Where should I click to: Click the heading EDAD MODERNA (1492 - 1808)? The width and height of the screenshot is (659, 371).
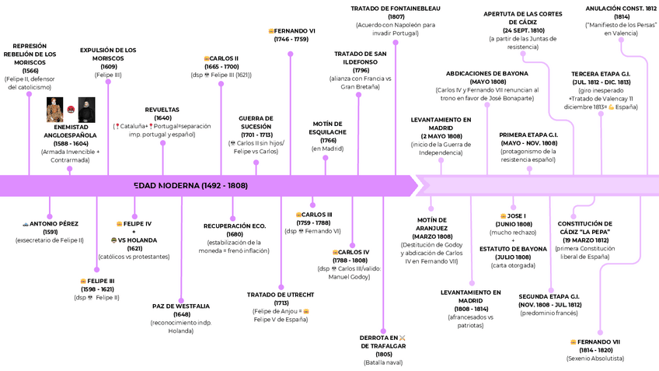pyautogui.click(x=190, y=186)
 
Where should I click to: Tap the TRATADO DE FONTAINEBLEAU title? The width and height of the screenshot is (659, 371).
pyautogui.click(x=396, y=9)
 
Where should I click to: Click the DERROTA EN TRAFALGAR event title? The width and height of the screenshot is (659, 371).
pyautogui.click(x=383, y=341)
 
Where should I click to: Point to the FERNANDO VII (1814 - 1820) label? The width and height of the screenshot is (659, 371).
pyautogui.click(x=594, y=342)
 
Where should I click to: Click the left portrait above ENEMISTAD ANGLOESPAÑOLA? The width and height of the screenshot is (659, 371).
pyautogui.click(x=55, y=110)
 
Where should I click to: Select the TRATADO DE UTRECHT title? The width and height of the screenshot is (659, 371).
pyautogui.click(x=281, y=295)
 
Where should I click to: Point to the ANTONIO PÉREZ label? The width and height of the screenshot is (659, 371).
pyautogui.click(x=51, y=223)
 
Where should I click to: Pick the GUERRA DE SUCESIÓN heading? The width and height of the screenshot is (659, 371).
pyautogui.click(x=256, y=123)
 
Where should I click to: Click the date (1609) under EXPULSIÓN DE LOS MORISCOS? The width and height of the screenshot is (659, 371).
pyautogui.click(x=108, y=67)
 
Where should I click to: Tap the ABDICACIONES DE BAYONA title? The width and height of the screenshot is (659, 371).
pyautogui.click(x=487, y=74)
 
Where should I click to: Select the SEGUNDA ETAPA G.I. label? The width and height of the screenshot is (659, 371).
pyautogui.click(x=549, y=296)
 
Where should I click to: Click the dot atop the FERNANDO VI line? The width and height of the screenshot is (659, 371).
pyautogui.click(x=291, y=54)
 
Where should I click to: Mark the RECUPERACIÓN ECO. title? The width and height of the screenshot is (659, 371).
pyautogui.click(x=235, y=226)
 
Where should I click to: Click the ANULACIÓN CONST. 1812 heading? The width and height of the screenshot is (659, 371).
pyautogui.click(x=620, y=9)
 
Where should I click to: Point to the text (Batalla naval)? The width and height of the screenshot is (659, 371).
pyautogui.click(x=383, y=362)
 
